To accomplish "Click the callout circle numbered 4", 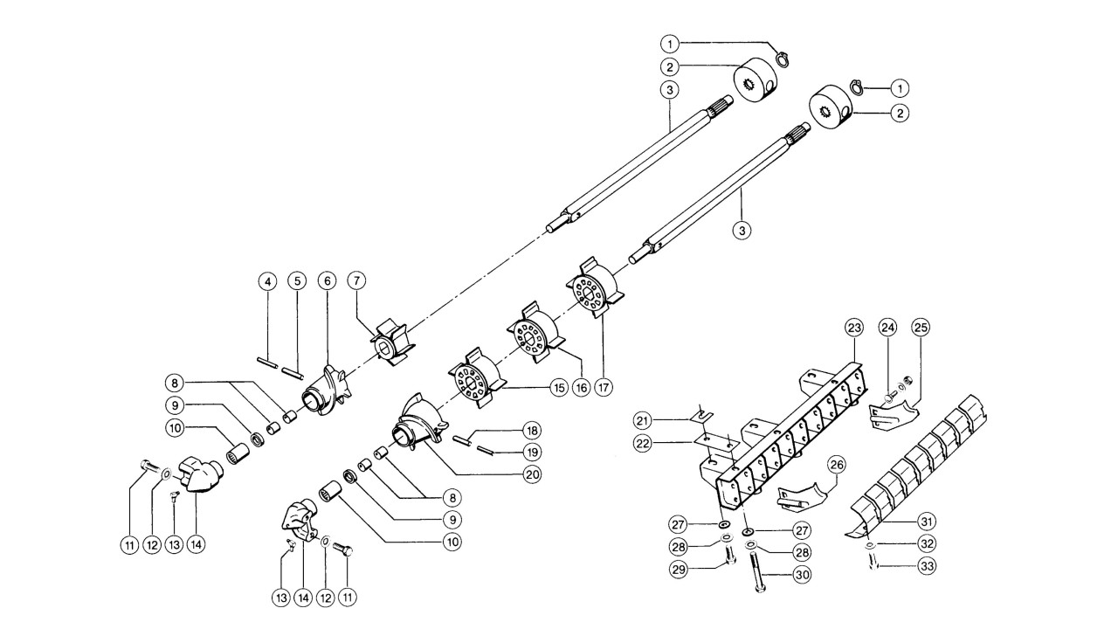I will tap(268, 281).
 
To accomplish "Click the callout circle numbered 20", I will tap(529, 474).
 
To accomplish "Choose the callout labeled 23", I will tap(853, 328).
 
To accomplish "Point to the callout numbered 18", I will tap(529, 431).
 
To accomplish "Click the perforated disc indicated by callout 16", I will tap(531, 333).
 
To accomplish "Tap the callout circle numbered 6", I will tap(327, 281).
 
